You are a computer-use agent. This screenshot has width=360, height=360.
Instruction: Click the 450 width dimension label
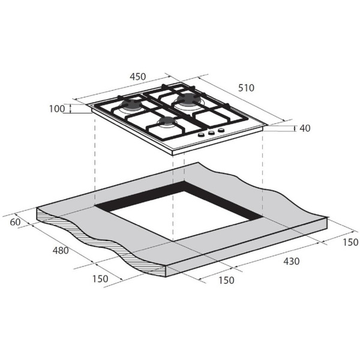click(137, 76)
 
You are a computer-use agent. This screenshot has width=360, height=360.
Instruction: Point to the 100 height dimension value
click(57, 109)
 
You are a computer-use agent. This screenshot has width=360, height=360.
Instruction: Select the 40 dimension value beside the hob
click(306, 128)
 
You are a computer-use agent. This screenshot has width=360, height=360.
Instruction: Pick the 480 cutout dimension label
click(61, 250)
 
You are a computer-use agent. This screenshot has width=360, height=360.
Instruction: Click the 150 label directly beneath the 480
click(100, 278)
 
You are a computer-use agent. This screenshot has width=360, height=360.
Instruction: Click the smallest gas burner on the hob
click(166, 122)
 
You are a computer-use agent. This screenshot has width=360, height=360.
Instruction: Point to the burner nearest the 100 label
click(131, 107)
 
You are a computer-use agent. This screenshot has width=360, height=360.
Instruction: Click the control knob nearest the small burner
click(201, 135)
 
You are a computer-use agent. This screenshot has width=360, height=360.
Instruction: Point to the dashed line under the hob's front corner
click(173, 192)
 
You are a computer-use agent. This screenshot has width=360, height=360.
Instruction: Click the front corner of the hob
click(173, 153)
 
